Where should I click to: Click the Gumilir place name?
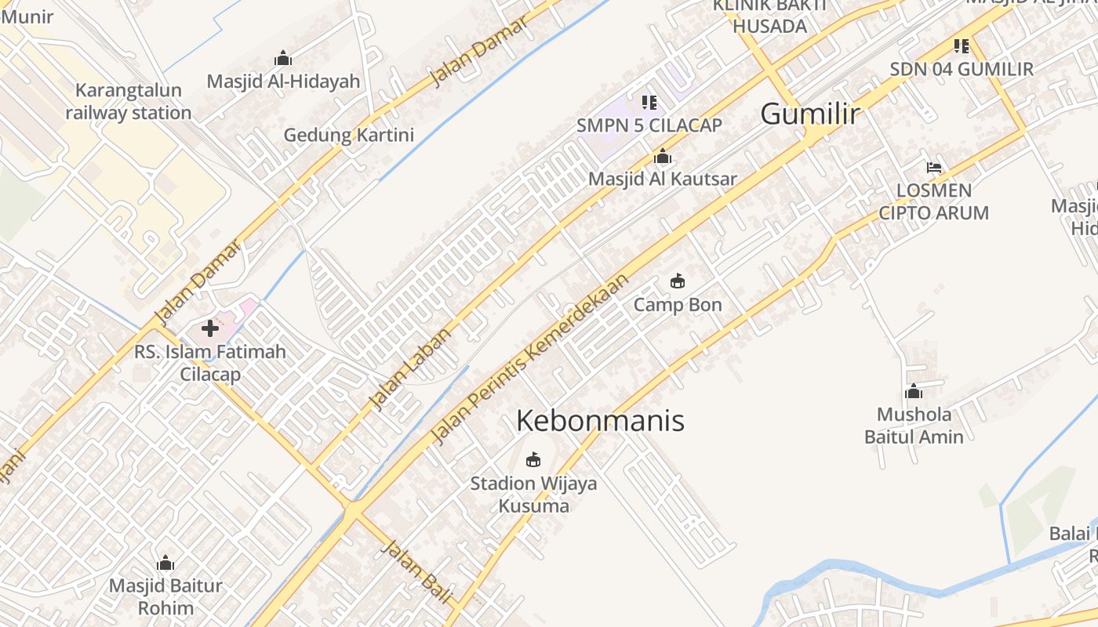(x=810, y=114)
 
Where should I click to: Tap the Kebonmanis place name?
(x=600, y=421)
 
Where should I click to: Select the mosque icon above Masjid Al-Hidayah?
(x=283, y=58)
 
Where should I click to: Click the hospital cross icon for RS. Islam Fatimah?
(x=210, y=328)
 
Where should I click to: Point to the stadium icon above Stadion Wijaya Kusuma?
(x=533, y=459)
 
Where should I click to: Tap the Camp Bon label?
(x=678, y=305)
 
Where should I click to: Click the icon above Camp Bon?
(x=678, y=281)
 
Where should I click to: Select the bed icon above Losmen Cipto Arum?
(x=933, y=167)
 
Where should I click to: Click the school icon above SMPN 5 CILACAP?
(x=649, y=102)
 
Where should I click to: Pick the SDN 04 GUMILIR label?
(x=962, y=69)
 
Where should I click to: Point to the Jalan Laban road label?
(x=412, y=368)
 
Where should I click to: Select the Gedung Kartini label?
(x=348, y=135)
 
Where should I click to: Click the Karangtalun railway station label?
(x=129, y=102)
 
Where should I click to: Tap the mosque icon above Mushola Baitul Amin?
(x=914, y=391)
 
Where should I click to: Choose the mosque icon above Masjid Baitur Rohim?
(x=165, y=563)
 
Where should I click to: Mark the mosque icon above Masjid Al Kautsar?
(x=663, y=156)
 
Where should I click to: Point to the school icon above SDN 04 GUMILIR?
(x=962, y=46)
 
